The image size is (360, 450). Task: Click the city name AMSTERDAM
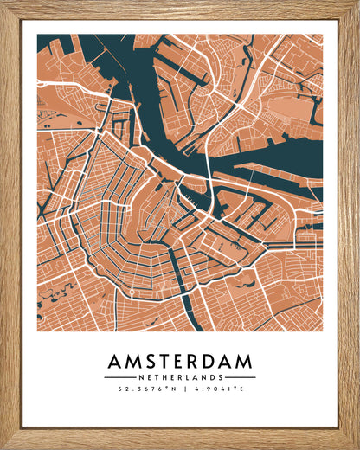tap(180, 360)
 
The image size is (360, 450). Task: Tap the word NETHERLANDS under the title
tap(180, 377)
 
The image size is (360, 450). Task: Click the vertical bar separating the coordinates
tap(180, 389)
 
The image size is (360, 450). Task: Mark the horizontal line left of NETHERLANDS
tap(119, 377)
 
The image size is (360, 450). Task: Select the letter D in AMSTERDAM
tap(211, 360)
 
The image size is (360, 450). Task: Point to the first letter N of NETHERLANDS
tap(140, 377)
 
